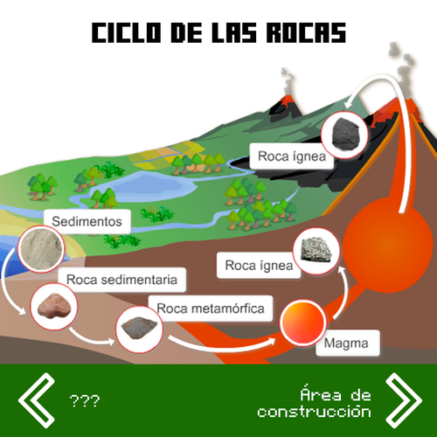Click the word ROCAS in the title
306,32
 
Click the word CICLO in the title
126,32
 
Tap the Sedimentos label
87,221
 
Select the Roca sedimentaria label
121,280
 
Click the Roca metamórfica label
211,309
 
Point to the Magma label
347,343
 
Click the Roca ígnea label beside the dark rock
291,156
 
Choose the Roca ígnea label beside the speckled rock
259,266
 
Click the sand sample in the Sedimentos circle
41,249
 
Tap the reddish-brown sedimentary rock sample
54,307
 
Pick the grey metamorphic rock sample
139,328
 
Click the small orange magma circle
303,323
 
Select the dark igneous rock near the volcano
346,135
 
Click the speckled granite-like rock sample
316,250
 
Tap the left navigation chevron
37,400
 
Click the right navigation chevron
404,400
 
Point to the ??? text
85,401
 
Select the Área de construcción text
314,403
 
